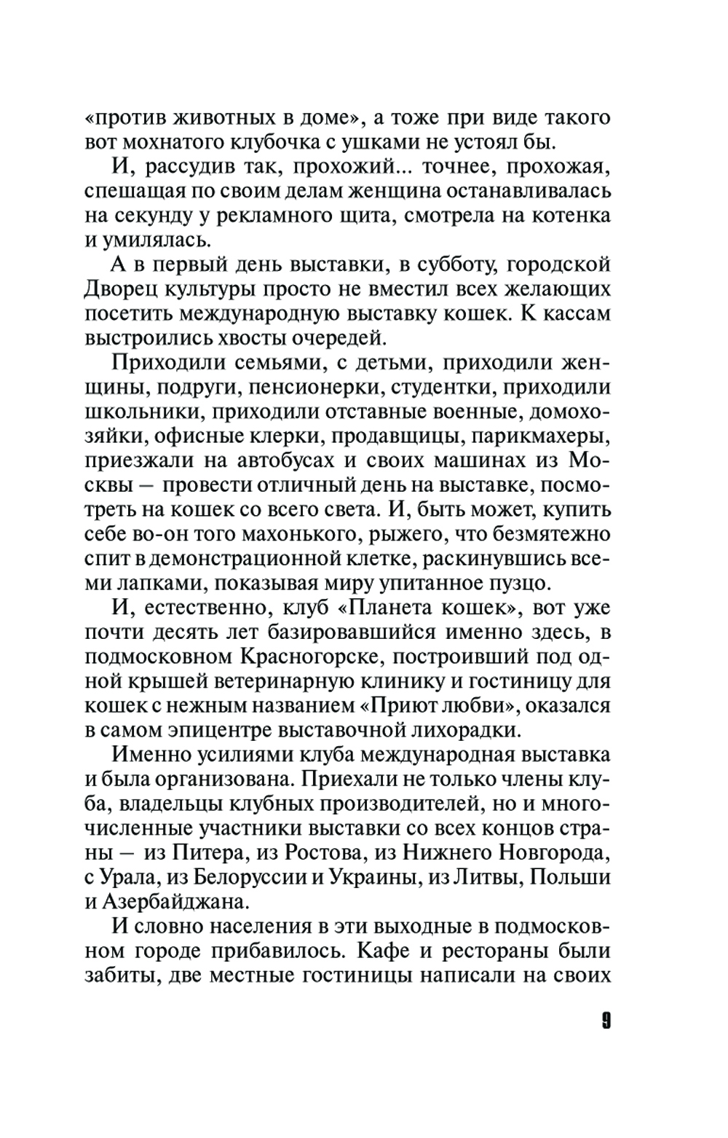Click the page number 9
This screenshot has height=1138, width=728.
(606, 1021)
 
